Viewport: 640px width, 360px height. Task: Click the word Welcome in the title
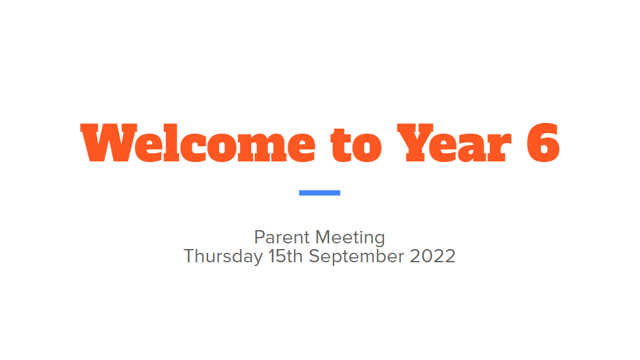click(198, 142)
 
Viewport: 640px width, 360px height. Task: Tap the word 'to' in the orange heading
click(356, 144)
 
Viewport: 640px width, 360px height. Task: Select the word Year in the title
click(454, 142)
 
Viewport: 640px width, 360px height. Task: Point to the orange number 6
click(543, 142)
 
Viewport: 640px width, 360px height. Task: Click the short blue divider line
click(320, 193)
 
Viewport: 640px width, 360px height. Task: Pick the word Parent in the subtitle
click(282, 238)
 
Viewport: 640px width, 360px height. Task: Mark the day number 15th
click(285, 257)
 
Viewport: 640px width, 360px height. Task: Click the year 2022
click(433, 257)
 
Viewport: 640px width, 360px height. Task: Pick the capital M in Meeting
click(323, 237)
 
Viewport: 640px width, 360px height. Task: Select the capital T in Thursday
click(190, 257)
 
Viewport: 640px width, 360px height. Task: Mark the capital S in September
click(314, 257)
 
